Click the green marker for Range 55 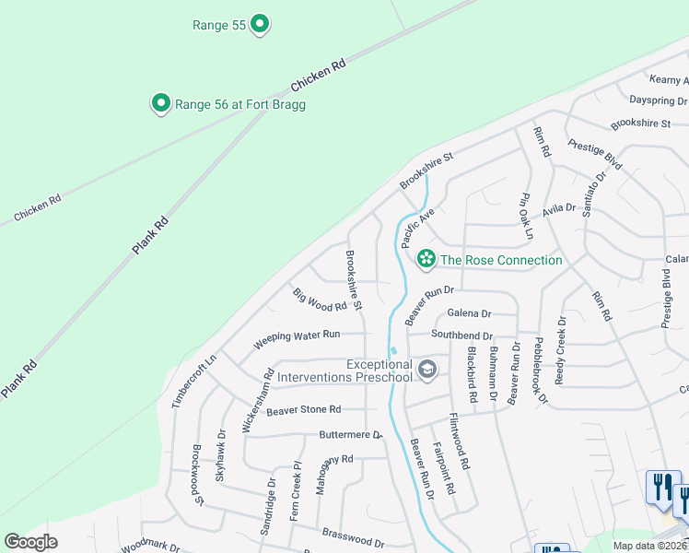[x=260, y=25]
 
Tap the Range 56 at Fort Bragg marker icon [x=161, y=104]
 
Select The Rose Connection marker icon [x=426, y=260]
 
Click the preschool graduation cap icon [x=426, y=371]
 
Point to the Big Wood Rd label [x=320, y=299]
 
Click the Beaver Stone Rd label [x=303, y=409]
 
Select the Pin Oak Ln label [x=526, y=214]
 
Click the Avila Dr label [x=558, y=210]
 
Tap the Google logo [x=30, y=542]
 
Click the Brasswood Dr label [x=353, y=532]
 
